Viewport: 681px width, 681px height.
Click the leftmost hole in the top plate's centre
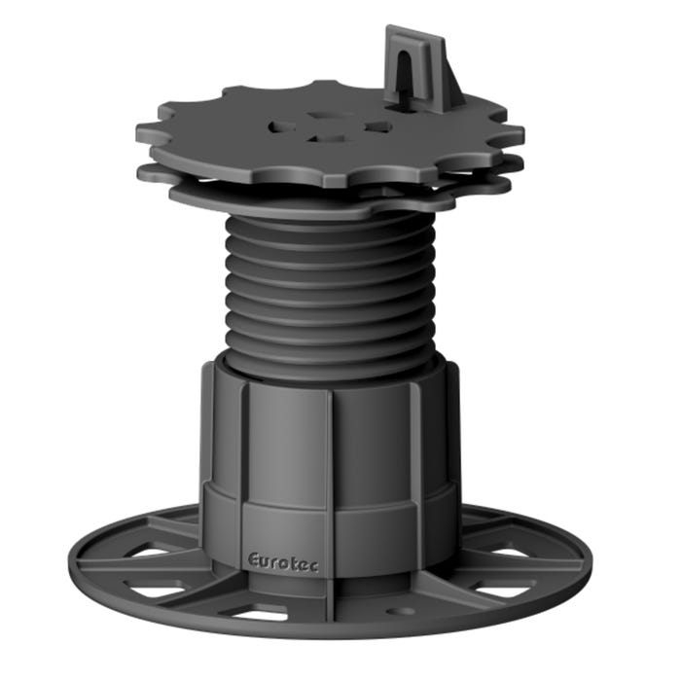[283, 126]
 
